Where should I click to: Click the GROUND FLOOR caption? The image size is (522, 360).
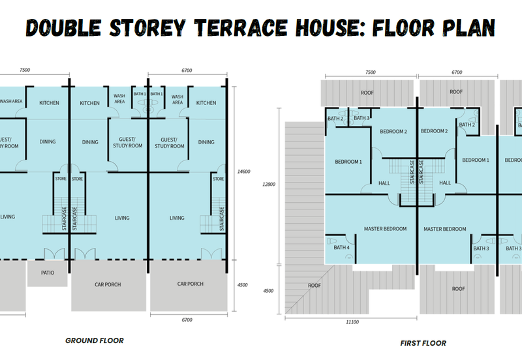94,340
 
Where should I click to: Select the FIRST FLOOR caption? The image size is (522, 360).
423,342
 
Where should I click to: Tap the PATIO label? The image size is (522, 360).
47,273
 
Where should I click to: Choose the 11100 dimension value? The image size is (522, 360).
352,321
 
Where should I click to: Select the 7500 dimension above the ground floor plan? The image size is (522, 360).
25,70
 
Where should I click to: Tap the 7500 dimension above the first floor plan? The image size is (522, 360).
370,72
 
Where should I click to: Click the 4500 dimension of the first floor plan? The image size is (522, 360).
268,292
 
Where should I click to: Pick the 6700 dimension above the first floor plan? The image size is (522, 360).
456,72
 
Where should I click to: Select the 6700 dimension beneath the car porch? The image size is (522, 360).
188,320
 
